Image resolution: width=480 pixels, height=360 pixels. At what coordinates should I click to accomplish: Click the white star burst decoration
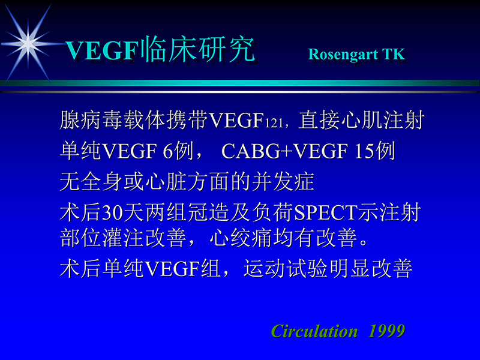[27, 41]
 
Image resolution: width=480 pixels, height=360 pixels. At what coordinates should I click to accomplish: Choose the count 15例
[374, 151]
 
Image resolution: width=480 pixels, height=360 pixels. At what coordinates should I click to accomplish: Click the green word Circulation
[314, 331]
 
